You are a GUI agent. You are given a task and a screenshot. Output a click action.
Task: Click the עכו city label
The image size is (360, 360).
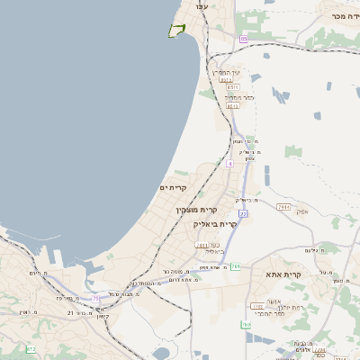(202, 7)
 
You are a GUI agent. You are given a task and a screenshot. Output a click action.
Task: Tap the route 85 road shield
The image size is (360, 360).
(243, 39)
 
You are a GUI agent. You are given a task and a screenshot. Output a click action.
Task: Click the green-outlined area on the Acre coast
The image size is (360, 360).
(176, 31)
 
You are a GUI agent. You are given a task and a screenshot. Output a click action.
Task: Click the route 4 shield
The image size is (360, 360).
(229, 164)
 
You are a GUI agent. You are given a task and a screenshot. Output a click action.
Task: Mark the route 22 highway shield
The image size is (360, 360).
(243, 214)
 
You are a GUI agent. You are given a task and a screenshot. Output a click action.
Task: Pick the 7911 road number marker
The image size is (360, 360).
(284, 208)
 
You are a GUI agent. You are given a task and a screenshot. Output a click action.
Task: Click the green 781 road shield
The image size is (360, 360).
(236, 266)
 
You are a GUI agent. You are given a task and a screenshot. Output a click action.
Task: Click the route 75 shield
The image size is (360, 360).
(96, 297)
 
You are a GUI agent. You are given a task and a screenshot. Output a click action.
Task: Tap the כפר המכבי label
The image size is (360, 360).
(270, 313)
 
